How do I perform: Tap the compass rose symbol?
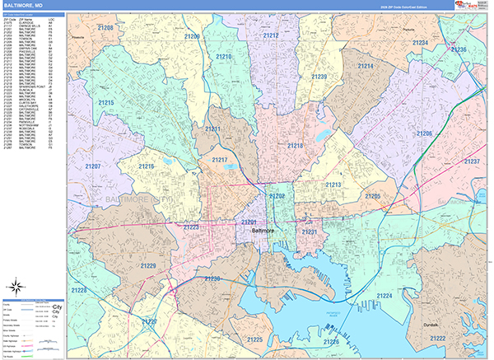point(13,287)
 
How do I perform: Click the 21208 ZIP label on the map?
point(105,28)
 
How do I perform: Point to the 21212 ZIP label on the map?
point(271,35)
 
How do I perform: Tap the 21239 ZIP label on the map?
point(319,77)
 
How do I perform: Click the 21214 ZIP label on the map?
point(366,66)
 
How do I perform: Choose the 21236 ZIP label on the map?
point(458,50)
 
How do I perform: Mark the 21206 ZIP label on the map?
point(424,133)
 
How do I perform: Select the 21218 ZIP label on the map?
point(295,146)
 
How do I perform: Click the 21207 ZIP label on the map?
point(93,166)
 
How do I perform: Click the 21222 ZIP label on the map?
point(437,338)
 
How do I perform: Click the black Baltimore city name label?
point(261,231)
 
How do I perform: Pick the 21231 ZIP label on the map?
point(309,232)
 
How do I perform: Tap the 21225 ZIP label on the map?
point(254,339)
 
